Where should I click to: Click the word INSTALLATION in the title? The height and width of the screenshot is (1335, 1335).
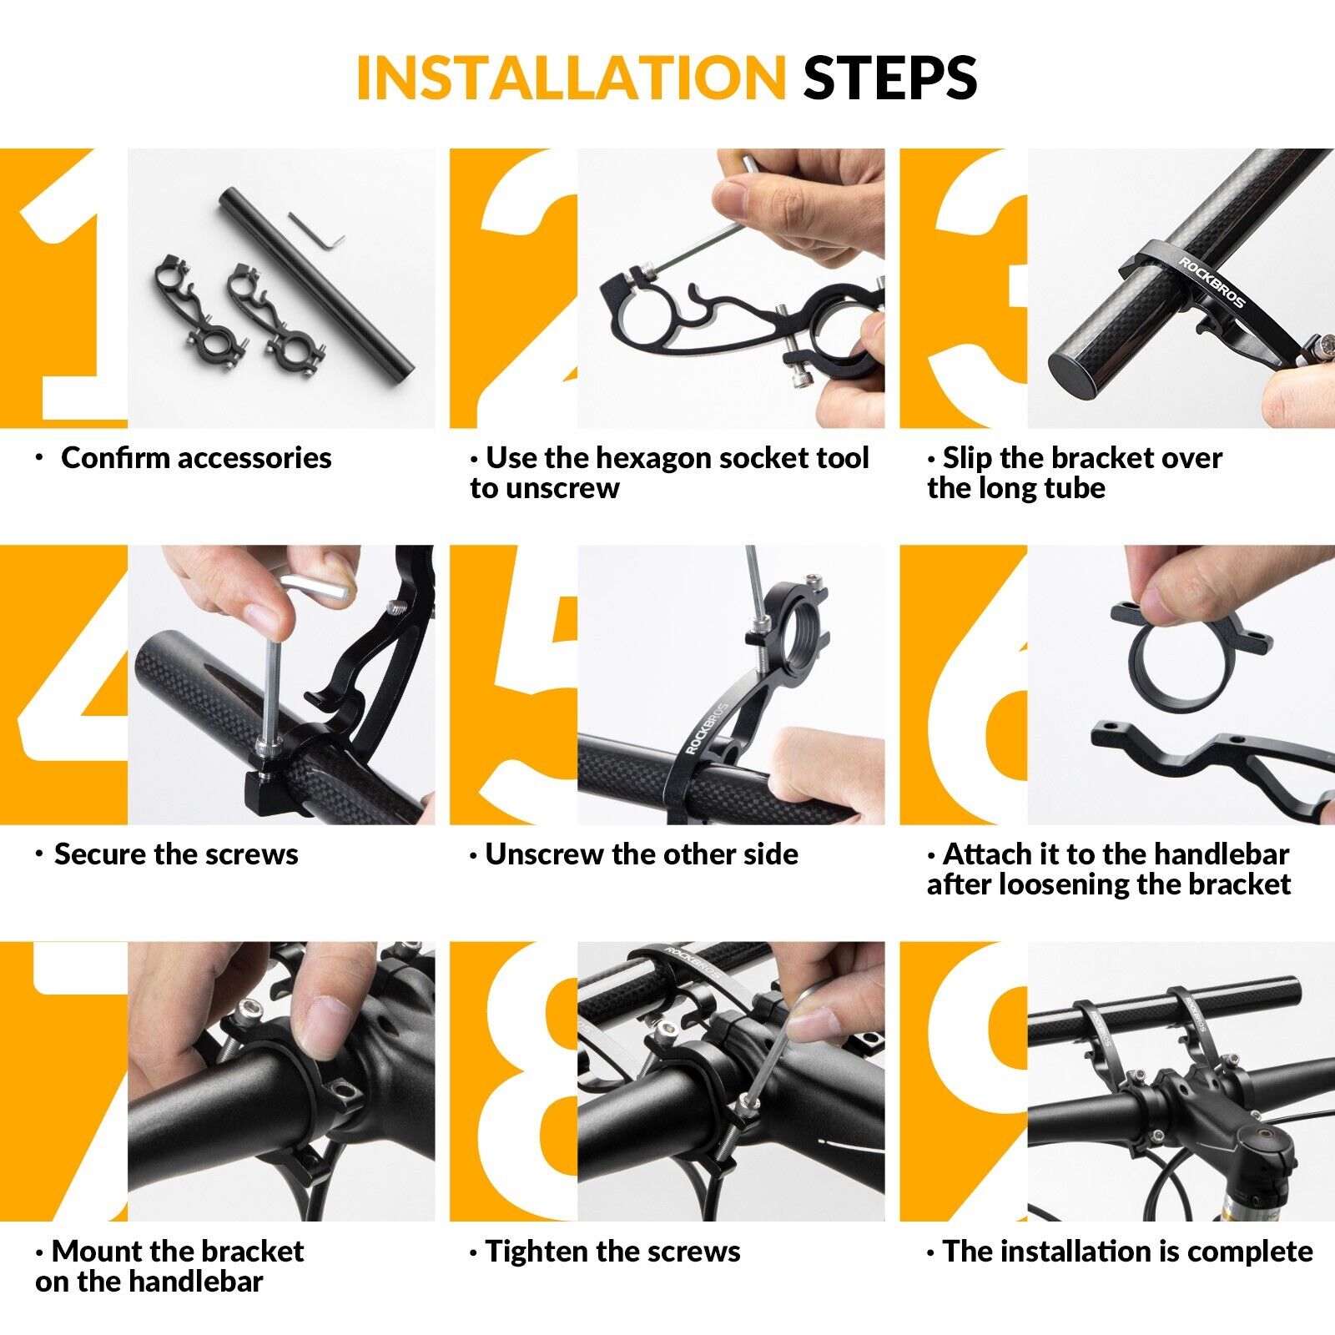coord(571,78)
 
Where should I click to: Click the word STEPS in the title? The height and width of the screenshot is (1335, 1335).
coord(890,78)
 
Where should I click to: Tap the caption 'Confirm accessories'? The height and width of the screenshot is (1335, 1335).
coord(196,458)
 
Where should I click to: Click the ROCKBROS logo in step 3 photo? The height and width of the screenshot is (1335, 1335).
coord(1211,282)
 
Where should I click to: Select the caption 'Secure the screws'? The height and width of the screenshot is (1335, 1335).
coord(176,854)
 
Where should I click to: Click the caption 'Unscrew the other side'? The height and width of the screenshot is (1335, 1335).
coord(642,854)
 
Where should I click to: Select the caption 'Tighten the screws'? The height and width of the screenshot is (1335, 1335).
coord(612,1252)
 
